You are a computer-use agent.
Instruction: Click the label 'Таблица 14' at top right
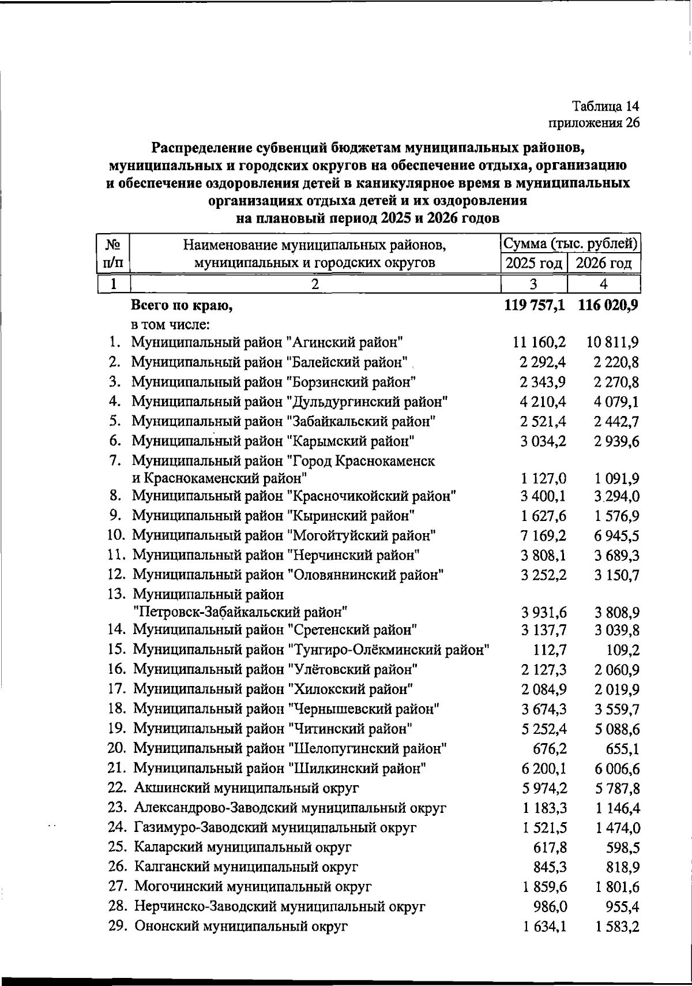click(x=605, y=106)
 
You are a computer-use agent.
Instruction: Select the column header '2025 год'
click(x=534, y=264)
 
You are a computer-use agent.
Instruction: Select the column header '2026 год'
click(x=604, y=264)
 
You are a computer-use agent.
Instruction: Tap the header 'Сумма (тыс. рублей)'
click(x=570, y=244)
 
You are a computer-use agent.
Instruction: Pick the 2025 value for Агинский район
click(x=539, y=343)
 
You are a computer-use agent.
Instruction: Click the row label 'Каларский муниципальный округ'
click(x=243, y=847)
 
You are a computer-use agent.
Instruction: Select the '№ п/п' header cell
click(x=113, y=254)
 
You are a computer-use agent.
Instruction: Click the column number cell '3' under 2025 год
click(x=533, y=284)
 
